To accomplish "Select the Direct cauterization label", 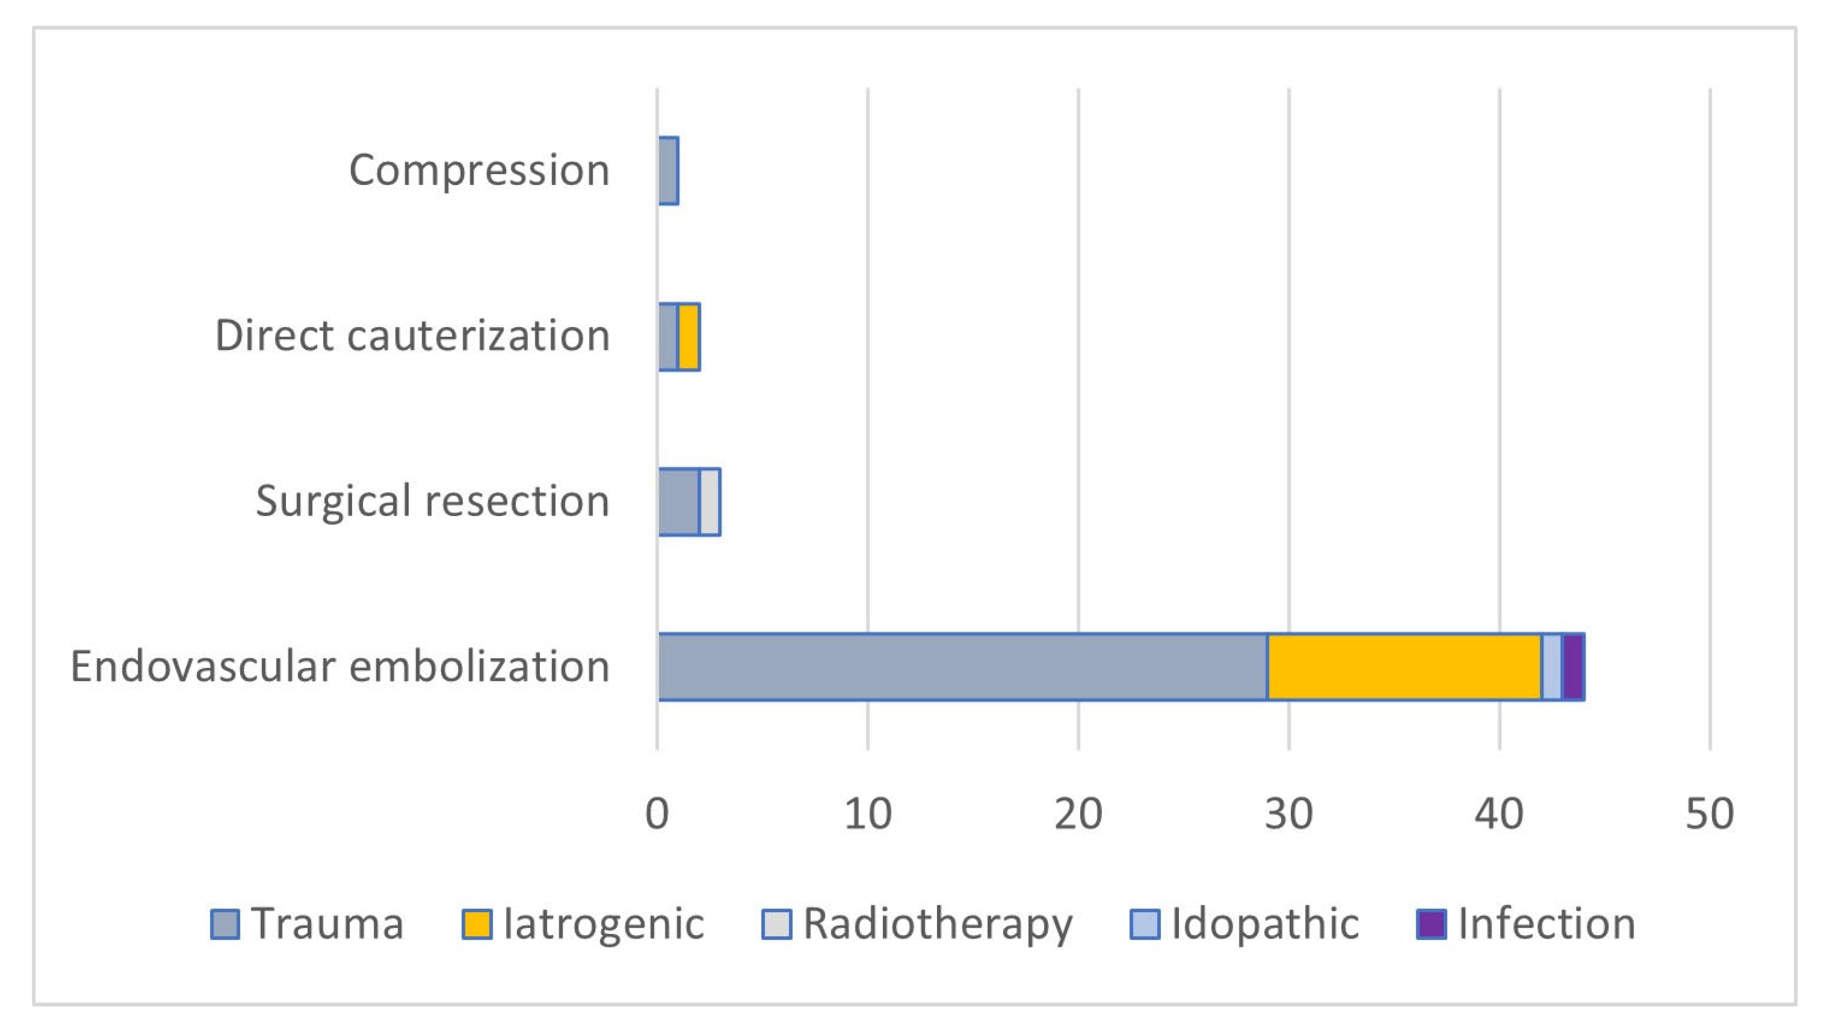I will [x=412, y=336].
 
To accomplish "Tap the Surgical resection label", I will [x=432, y=501].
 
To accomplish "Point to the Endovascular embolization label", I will [x=340, y=666].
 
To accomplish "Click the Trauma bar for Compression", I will [x=668, y=171].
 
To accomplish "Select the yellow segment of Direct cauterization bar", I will [x=689, y=336].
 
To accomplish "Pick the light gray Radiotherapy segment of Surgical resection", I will [x=710, y=501].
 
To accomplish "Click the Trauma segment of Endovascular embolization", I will [x=963, y=666].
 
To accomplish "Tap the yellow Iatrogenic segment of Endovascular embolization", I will [x=1404, y=666].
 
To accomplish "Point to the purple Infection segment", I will [x=1573, y=666].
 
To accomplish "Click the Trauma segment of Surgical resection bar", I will [x=679, y=501].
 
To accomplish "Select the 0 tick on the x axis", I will [x=657, y=813].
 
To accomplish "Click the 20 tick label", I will [x=1078, y=813].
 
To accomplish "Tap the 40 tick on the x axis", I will [x=1499, y=813].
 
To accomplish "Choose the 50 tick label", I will [x=1709, y=813].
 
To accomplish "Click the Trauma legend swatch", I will [x=225, y=924].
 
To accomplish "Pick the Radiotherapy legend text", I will [x=938, y=924].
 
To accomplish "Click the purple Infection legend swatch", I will [x=1431, y=924].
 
